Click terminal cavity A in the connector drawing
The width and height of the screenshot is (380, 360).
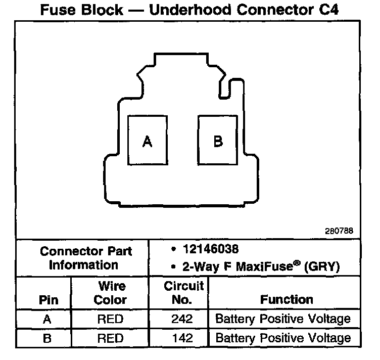[x=147, y=140]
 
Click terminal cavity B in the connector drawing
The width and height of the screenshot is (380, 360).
[x=218, y=140]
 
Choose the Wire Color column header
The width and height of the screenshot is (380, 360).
[x=110, y=293]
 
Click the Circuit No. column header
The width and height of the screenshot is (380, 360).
[x=183, y=293]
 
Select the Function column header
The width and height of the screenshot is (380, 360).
[x=287, y=299]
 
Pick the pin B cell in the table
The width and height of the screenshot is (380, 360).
[x=46, y=338]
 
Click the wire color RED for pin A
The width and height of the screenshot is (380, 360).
[x=110, y=319]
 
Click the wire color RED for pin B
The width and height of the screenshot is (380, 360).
[x=110, y=338]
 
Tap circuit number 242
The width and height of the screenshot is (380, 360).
[x=183, y=319]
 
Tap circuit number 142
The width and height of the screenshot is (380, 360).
[x=183, y=338]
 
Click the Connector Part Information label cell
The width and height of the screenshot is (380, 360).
[x=85, y=257]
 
